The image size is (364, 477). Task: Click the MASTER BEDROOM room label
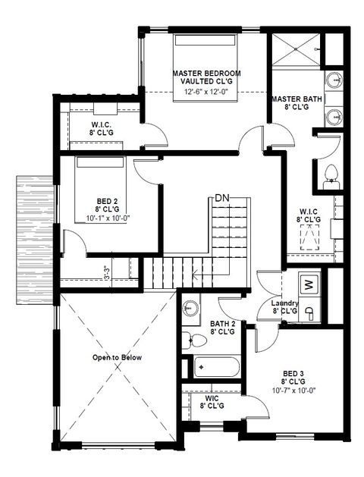tap(206, 74)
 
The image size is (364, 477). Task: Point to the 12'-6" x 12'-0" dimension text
tap(206, 92)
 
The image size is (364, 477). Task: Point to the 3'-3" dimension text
tap(106, 272)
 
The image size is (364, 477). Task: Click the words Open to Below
tap(117, 357)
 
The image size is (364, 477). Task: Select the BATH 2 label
tap(222, 324)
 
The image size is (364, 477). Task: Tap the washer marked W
tap(308, 284)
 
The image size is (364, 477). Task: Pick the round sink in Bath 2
tap(190, 309)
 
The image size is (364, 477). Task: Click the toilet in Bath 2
tap(187, 338)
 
